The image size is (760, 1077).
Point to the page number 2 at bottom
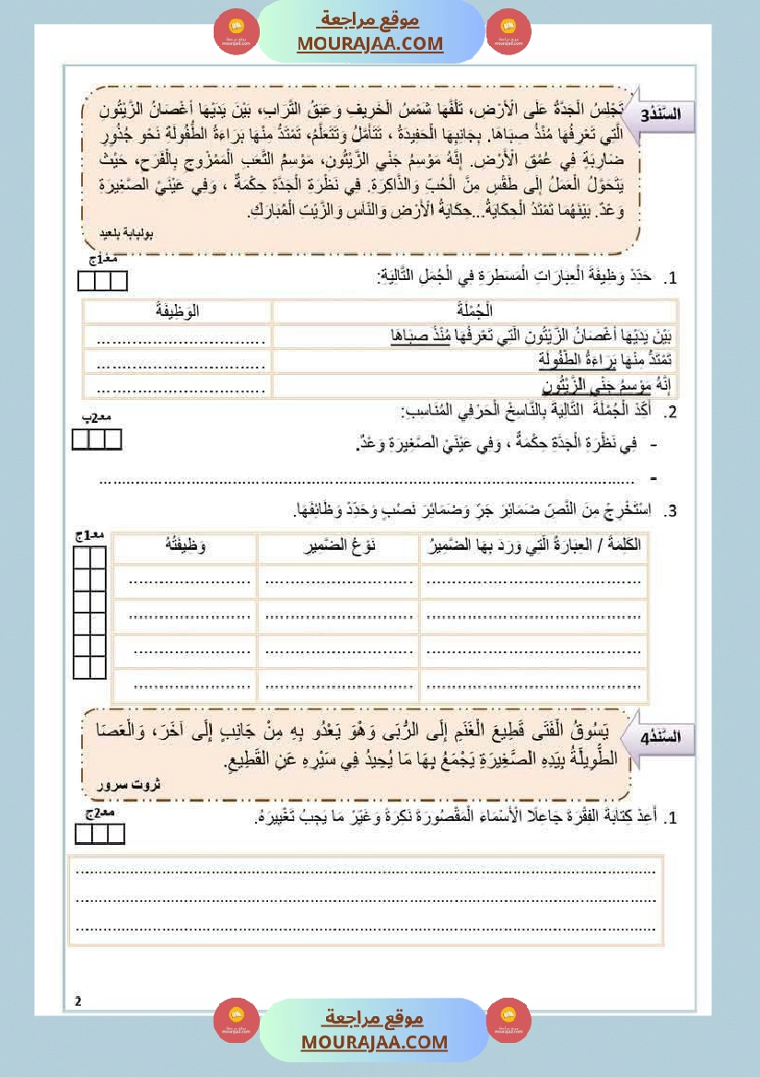[78, 1001]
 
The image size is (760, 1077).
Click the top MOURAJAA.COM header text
[370, 43]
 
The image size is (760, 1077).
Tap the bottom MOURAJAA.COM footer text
[374, 1042]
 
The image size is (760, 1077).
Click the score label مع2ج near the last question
[99, 815]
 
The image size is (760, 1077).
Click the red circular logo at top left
[236, 32]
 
